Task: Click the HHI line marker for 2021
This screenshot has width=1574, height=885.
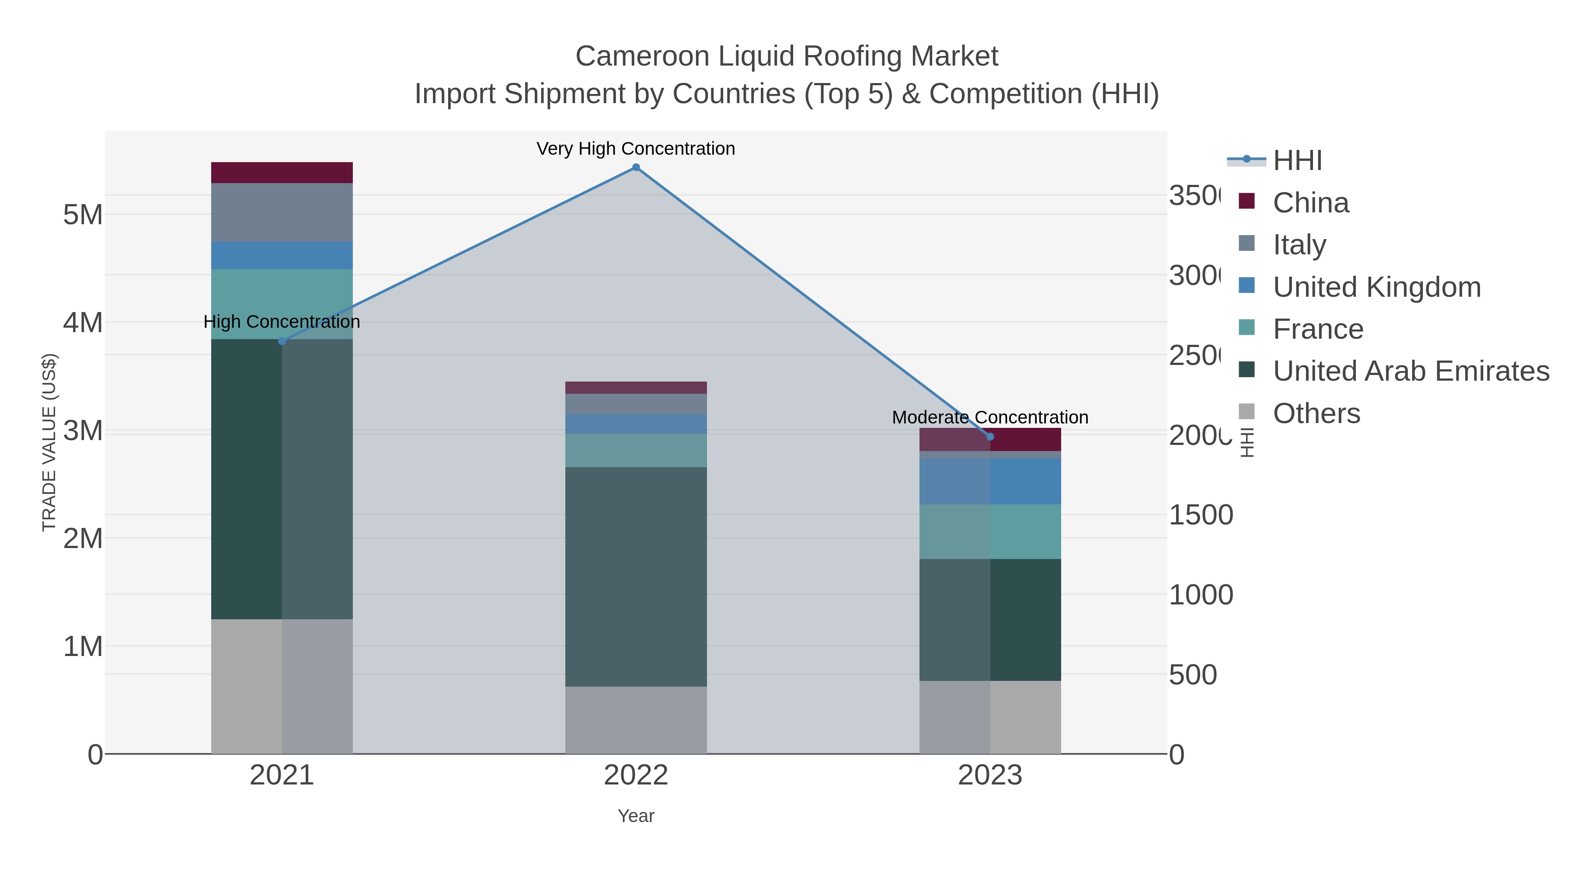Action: (x=282, y=341)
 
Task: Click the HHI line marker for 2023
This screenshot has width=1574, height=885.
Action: (x=990, y=437)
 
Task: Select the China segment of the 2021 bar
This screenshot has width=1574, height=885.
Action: (x=282, y=173)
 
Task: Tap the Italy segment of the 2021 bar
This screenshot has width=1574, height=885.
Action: (x=282, y=212)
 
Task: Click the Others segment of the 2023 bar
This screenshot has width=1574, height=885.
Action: (x=990, y=717)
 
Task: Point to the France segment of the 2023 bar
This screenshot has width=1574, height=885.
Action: (x=990, y=531)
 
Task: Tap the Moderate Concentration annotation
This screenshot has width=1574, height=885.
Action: (x=990, y=418)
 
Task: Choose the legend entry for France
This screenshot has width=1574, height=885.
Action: (x=1317, y=329)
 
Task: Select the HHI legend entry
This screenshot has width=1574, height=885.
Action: (x=1297, y=161)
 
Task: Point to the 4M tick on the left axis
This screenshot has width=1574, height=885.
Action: (x=83, y=323)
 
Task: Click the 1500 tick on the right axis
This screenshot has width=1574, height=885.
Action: (x=1200, y=515)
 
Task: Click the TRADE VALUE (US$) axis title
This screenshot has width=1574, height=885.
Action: (x=49, y=442)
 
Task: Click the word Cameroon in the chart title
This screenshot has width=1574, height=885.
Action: (x=641, y=56)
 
